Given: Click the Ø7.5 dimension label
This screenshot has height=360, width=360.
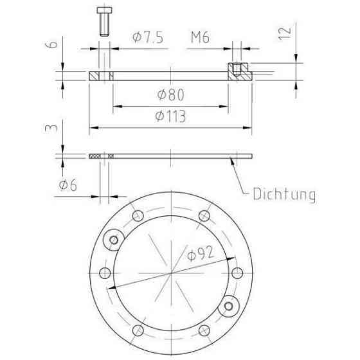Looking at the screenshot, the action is (x=148, y=37).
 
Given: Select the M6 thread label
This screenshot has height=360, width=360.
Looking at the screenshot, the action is (x=200, y=37).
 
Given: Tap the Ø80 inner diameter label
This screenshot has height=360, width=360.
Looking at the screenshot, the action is (x=171, y=94).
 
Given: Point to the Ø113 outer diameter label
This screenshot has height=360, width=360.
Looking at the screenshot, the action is (x=170, y=116).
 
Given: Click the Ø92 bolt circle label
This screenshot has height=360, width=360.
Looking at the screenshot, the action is (x=201, y=253).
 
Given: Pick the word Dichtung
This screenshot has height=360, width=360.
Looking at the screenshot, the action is (x=284, y=194).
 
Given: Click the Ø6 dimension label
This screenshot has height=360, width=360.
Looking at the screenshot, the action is (x=68, y=185).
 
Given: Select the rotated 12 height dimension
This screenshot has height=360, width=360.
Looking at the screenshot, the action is (x=285, y=33).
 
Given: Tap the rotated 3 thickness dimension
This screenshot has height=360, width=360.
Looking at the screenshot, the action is (x=51, y=129).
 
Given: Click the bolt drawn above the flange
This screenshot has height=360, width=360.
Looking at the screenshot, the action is (x=104, y=21).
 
